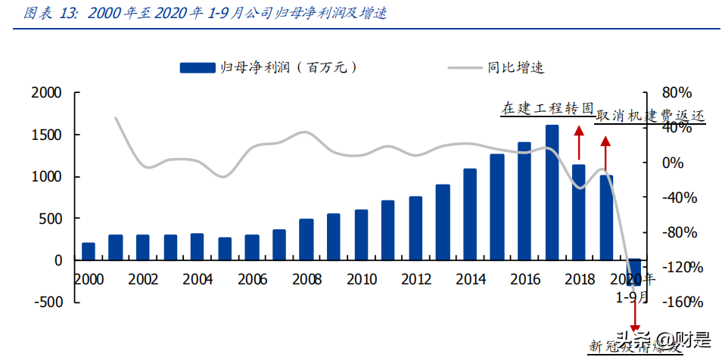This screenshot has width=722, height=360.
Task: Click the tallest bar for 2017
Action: [552, 192]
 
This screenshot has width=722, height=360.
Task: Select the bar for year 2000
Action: [89, 251]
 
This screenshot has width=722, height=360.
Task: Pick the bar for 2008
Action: [307, 239]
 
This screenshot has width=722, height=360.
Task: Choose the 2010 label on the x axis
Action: [360, 279]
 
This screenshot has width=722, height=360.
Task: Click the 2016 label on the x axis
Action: [524, 279]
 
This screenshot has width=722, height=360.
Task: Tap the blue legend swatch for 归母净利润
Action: [195, 67]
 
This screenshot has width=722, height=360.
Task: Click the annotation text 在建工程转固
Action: [546, 108]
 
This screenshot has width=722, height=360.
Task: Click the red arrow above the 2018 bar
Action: [579, 144]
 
